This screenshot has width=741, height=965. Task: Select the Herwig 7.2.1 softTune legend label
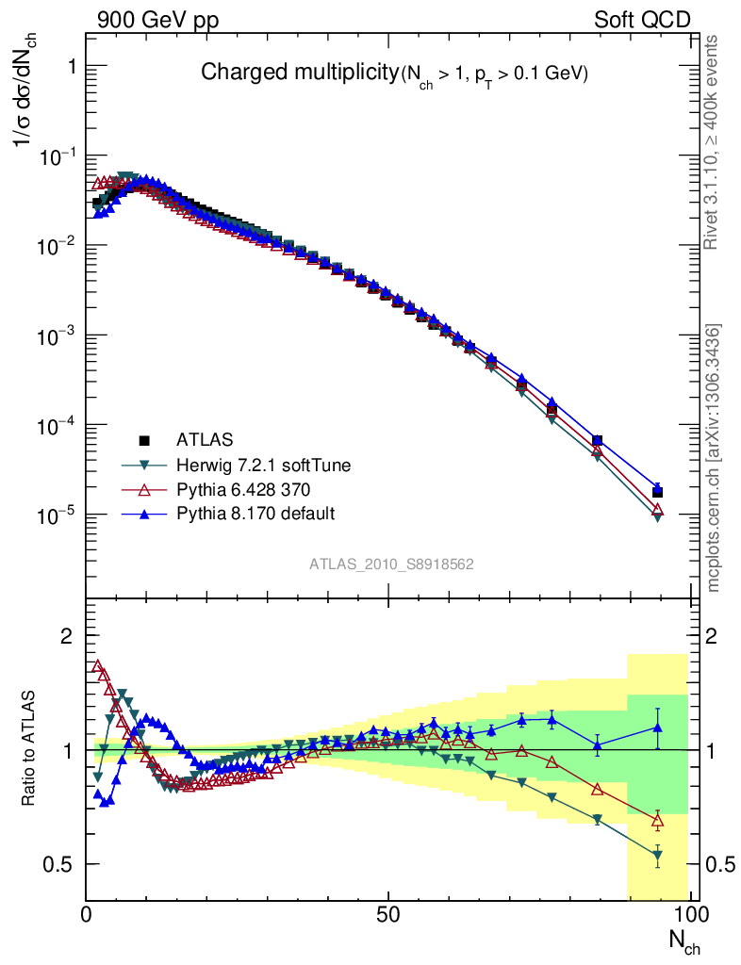255,465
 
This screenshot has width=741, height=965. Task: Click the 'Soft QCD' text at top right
642,19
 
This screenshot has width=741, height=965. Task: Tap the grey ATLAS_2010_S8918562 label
391,564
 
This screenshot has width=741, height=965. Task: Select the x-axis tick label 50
387,914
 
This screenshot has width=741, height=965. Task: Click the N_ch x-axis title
684,940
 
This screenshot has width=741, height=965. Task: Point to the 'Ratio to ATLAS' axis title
28,749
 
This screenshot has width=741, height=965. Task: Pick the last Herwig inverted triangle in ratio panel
657,856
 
